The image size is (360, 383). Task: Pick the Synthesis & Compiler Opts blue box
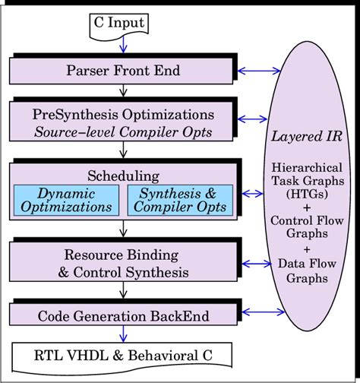178,200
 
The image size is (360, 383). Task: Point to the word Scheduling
122,174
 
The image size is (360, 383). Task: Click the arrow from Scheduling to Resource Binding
123,231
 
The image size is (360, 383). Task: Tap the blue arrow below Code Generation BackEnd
123,333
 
